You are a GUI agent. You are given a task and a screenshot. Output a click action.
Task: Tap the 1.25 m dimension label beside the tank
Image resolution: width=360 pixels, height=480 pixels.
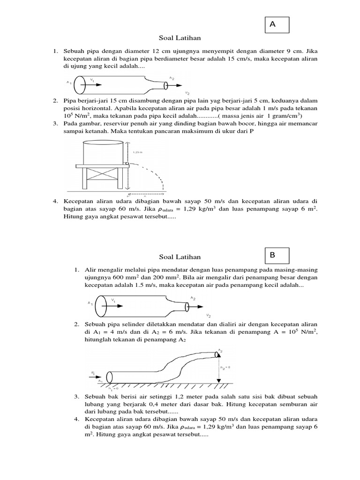138,152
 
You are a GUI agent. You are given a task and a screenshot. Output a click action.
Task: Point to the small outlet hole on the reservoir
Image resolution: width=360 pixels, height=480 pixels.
127,164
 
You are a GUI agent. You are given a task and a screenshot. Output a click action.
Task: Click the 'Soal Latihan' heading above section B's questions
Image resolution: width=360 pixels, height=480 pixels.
180,257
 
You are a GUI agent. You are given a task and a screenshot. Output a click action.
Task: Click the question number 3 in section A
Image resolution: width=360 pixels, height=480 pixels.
54,123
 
